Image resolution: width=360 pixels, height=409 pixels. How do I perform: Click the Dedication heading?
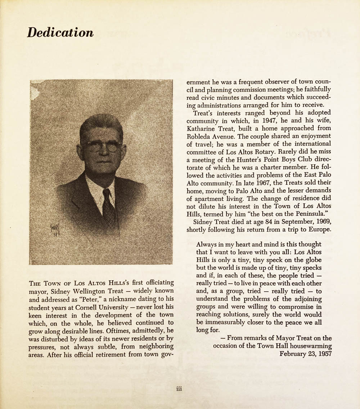coord(60,32)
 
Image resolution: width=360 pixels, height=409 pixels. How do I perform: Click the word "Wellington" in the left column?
coord(88,291)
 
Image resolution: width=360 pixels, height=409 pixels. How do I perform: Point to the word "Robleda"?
coord(202,137)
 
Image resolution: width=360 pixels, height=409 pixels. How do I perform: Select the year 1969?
coord(321,221)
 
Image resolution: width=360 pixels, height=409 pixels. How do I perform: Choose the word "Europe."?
coord(318,229)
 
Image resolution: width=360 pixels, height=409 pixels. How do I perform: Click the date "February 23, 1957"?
coord(306,354)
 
